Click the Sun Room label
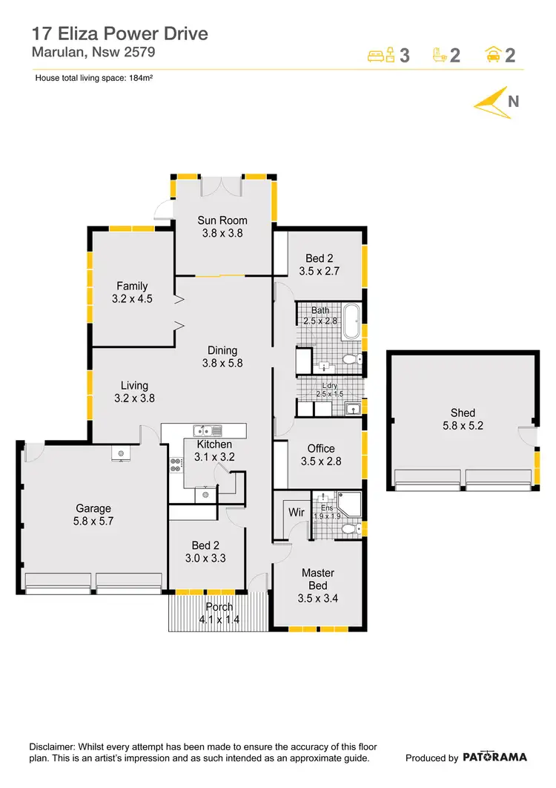[222, 226]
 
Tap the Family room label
[132, 292]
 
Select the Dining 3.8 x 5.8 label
[222, 357]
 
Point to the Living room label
[134, 392]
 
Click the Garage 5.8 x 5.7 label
[93, 515]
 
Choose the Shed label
[463, 419]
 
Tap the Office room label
[321, 455]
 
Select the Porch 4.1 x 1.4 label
[219, 613]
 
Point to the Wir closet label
[296, 512]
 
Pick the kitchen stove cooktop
[176, 465]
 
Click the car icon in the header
[492, 55]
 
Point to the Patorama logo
[495, 758]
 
